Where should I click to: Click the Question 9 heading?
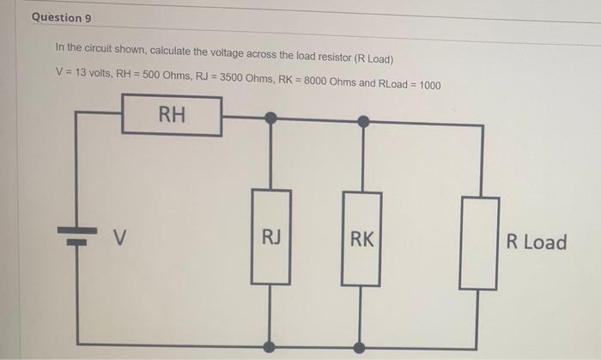61,17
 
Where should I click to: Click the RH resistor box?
172,115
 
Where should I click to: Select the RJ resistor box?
270,237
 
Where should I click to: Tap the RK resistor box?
362,238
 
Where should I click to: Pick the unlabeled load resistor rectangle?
479,242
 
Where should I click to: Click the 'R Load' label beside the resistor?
537,242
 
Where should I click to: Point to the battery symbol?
77,235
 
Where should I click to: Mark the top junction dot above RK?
363,121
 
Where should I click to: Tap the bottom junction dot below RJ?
270,345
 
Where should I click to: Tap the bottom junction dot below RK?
359,348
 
